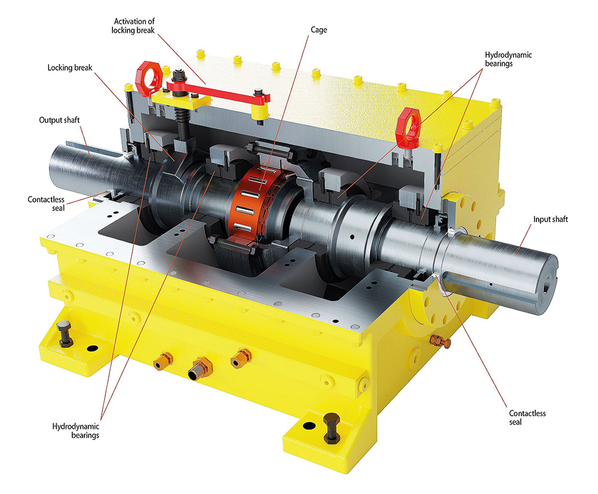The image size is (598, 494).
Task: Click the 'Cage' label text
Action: point(319,30)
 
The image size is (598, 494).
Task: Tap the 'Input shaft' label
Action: point(550,219)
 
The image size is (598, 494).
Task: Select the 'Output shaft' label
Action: point(59,120)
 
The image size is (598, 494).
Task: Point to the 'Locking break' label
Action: point(70,68)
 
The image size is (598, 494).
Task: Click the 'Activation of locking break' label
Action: point(133,26)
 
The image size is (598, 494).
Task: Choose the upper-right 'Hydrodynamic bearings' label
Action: point(508,59)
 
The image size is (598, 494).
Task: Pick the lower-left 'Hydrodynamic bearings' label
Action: point(75,431)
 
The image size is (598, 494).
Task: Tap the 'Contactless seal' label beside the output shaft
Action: point(46,204)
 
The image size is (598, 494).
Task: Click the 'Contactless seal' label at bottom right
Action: point(527,417)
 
